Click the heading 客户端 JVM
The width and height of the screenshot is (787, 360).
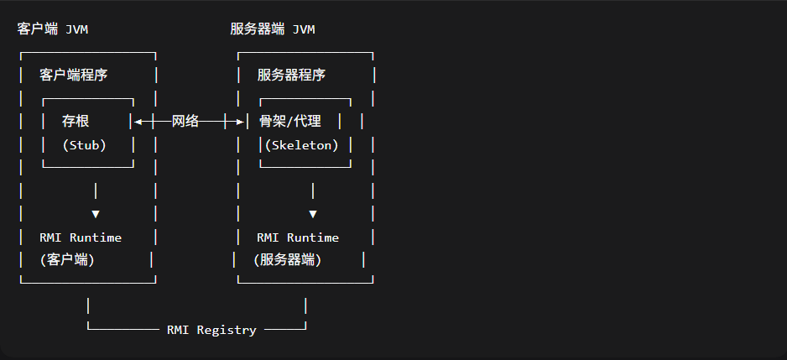coord(52,29)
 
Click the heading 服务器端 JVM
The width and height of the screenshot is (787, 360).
coord(273,29)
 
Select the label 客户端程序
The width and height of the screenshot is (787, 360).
coord(74,75)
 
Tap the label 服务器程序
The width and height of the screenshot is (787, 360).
coord(291,75)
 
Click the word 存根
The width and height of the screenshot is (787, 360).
coord(76,121)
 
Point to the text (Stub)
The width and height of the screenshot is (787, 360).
coord(85,144)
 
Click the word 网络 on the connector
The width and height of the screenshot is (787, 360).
coord(185,121)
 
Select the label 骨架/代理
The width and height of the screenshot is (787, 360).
coord(290,121)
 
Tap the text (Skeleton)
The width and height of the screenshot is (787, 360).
coord(302,144)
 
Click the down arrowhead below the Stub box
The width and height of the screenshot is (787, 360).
coord(96,214)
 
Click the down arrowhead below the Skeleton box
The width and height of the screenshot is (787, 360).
coord(313,214)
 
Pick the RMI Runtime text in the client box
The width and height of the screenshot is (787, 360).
coord(81,237)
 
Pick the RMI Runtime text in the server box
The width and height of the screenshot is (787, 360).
coord(298,237)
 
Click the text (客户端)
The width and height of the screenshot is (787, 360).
coord(67,260)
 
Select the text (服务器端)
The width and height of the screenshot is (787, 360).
coord(288,260)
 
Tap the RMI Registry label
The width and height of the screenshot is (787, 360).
coord(211,330)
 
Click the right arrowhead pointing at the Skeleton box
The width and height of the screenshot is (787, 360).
coord(239,122)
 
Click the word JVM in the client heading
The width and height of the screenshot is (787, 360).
coord(76,29)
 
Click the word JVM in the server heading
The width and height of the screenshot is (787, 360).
coord(304,29)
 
